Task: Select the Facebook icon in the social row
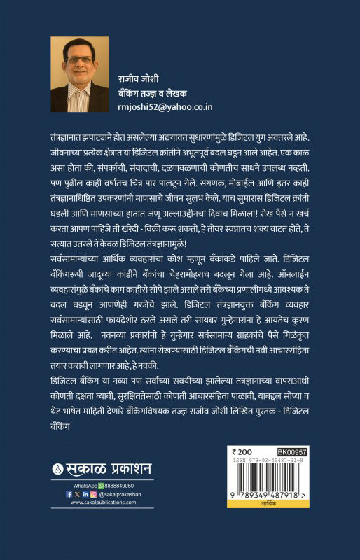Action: pos(69,493)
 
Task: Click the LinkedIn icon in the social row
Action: pos(86,493)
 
